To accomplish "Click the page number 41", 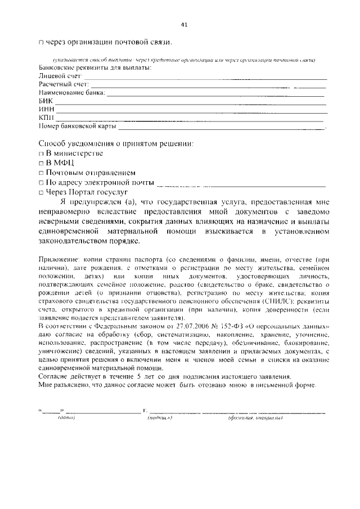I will pyautogui.click(x=183, y=24).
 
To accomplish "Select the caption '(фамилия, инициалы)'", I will pyautogui.click(x=255, y=418).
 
